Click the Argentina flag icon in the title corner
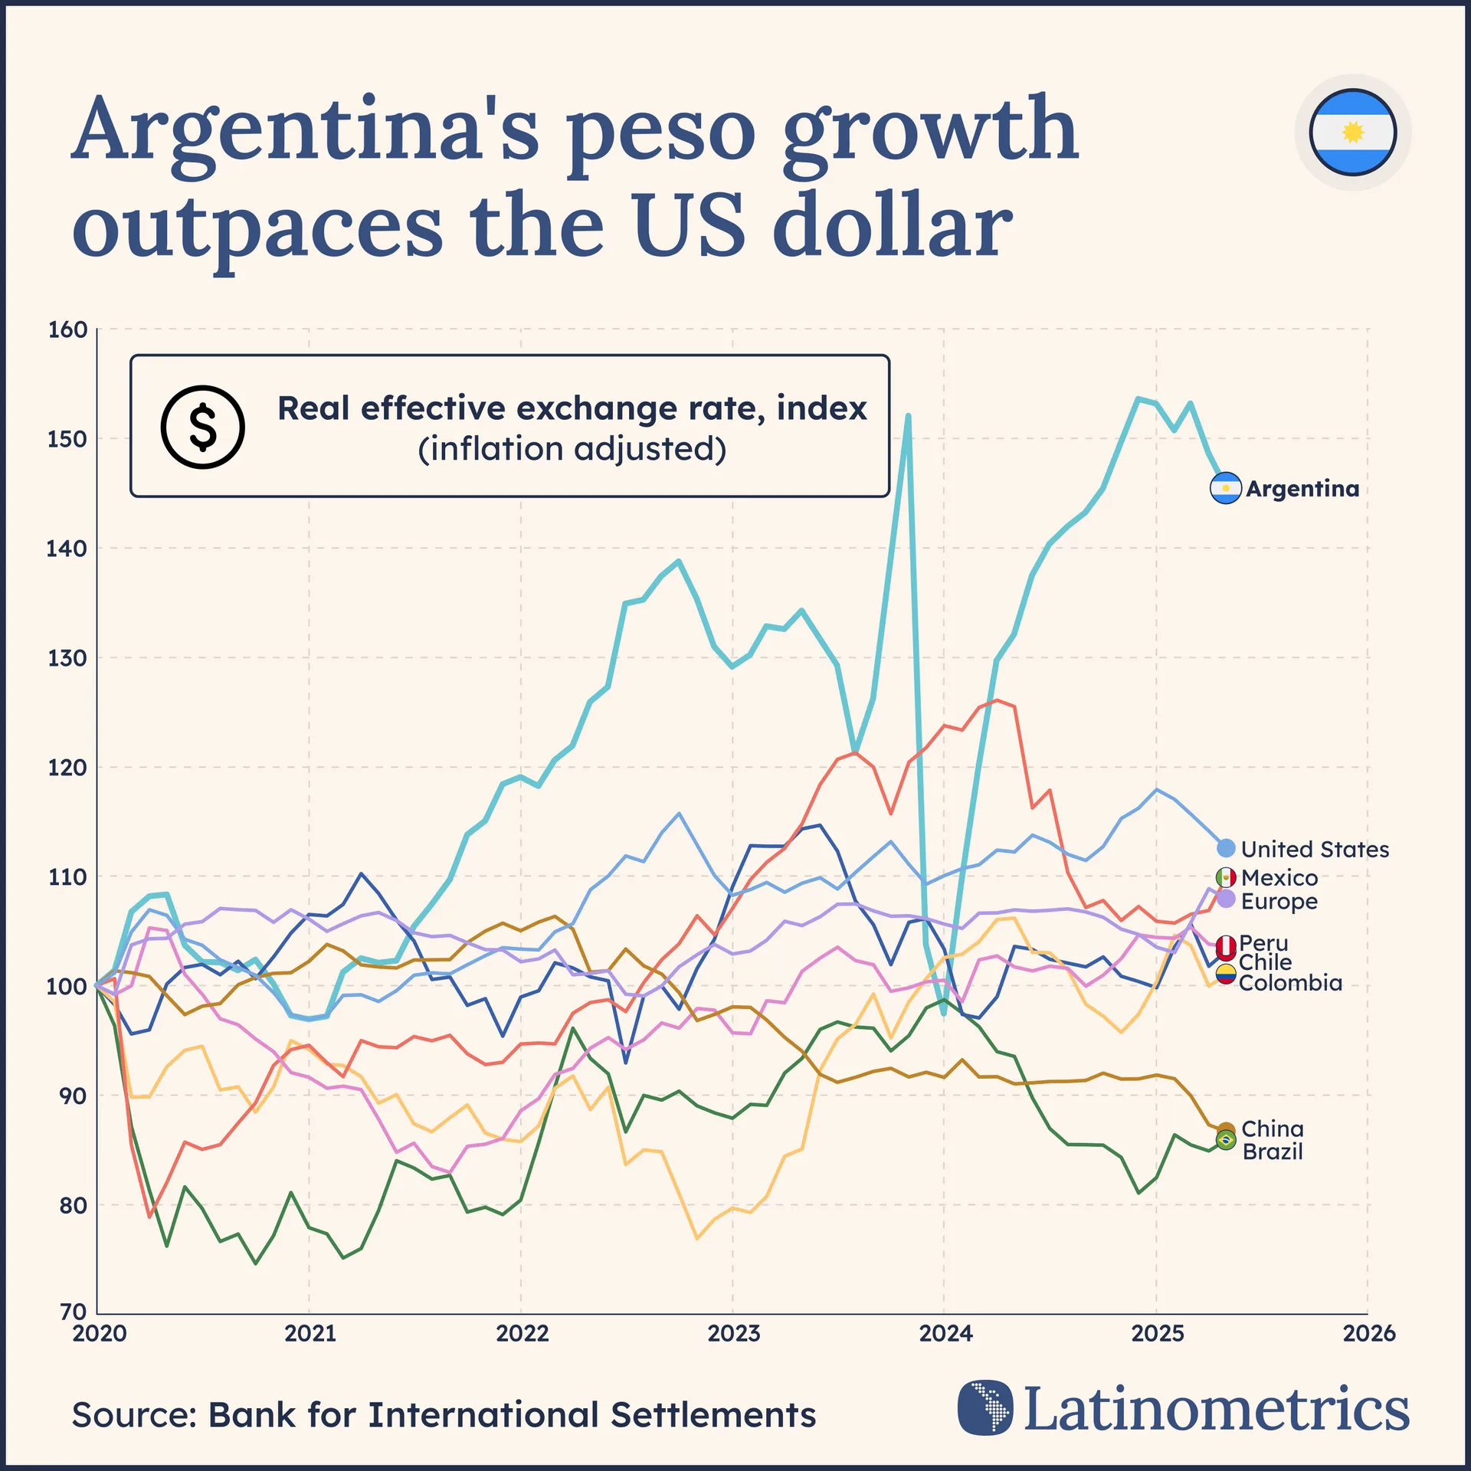point(1352,133)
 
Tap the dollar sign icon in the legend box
point(202,427)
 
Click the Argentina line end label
point(1302,489)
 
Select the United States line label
point(1315,849)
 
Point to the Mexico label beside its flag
point(1279,877)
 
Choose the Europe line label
point(1279,901)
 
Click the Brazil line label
point(1273,1152)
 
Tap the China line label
point(1273,1129)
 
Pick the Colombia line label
point(1290,983)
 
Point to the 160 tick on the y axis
point(67,330)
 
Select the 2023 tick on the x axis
point(733,1334)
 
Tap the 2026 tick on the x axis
point(1369,1334)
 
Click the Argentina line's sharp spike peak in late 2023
point(908,416)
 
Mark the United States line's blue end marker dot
point(1226,847)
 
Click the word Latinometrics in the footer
point(1217,1408)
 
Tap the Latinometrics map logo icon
point(985,1407)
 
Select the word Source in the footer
point(134,1415)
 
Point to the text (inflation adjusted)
point(572,449)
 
